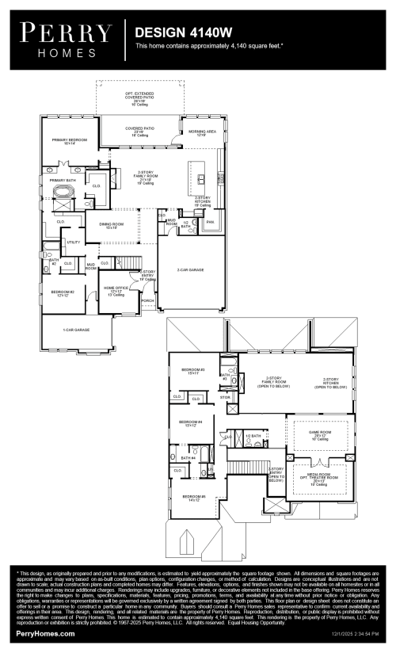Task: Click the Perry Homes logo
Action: (65, 40)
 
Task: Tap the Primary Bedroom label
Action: (69, 141)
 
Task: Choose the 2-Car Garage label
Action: (190, 270)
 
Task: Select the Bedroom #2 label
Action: (63, 292)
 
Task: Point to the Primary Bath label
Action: (62, 181)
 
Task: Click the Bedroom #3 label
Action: (193, 371)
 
